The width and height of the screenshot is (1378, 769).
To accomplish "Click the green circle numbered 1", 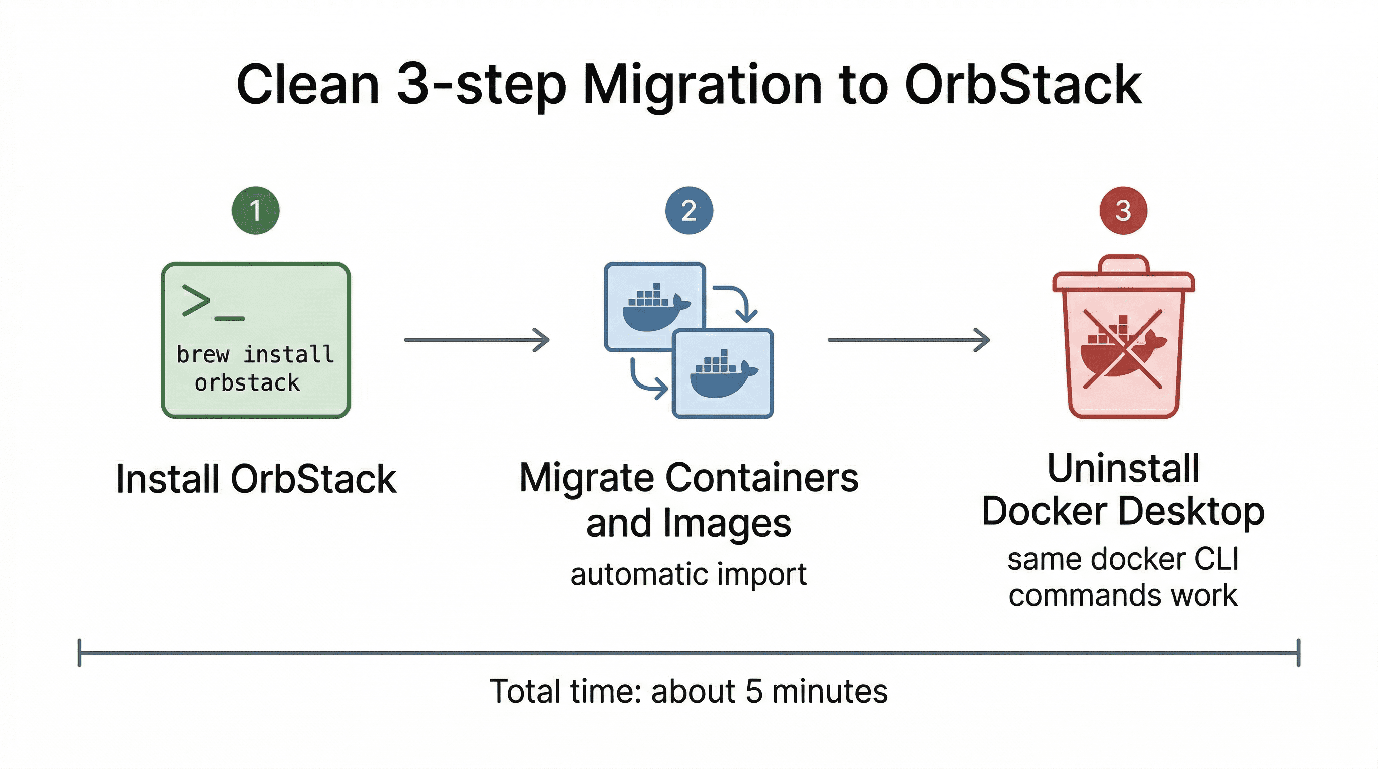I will click(256, 210).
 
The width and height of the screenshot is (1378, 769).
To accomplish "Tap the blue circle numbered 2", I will click(688, 210).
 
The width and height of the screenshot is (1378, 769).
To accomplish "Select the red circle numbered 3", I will click(1123, 210).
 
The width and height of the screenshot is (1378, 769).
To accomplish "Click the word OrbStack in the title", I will click(1022, 85).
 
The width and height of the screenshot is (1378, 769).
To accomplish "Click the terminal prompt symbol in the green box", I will click(212, 303).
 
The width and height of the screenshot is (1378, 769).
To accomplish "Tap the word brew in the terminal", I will click(203, 354).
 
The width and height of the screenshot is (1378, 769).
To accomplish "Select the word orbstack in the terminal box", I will click(247, 383).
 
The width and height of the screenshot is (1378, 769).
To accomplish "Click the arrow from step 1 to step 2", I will click(476, 339).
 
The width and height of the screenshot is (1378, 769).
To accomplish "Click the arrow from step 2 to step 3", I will click(908, 339).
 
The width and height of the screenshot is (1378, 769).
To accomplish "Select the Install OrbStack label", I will click(256, 479).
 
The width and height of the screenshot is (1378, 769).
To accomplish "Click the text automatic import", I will click(688, 574).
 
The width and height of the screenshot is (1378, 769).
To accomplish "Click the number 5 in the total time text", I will click(753, 691).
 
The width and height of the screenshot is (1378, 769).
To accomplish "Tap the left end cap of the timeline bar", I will click(79, 652).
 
